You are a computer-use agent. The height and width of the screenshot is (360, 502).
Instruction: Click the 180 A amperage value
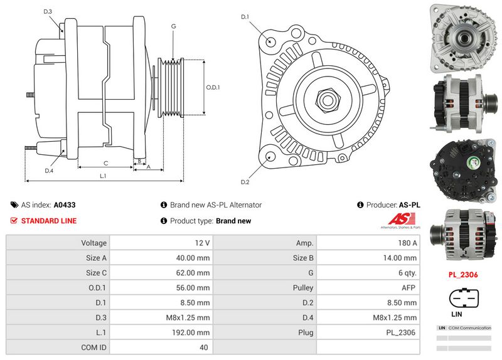click(x=407, y=243)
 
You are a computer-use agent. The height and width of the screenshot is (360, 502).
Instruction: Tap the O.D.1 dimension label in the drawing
click(x=213, y=87)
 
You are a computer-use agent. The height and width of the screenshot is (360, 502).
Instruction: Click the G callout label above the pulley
click(x=173, y=26)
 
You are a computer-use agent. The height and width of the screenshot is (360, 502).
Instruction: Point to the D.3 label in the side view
click(x=48, y=12)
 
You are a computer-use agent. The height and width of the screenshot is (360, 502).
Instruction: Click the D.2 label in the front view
click(x=245, y=182)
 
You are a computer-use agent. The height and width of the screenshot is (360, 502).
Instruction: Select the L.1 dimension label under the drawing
click(x=103, y=176)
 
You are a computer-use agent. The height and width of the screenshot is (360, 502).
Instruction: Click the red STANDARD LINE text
click(x=49, y=221)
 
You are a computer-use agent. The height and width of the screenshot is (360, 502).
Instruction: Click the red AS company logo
click(x=399, y=221)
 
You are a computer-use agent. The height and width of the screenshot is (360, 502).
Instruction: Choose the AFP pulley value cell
click(x=407, y=287)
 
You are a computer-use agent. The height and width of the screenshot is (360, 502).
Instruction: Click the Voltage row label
click(x=93, y=243)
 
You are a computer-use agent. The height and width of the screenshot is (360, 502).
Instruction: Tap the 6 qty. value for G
click(x=407, y=272)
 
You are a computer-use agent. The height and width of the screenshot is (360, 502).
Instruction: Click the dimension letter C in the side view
click(x=105, y=163)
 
